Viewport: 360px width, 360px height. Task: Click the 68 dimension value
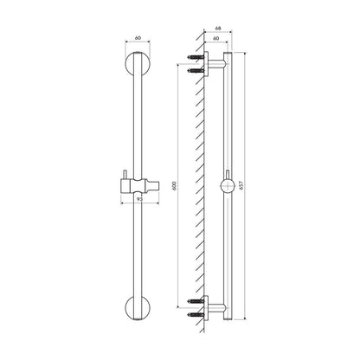[x=218, y=29]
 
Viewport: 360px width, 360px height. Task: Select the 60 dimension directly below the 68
[x=215, y=38]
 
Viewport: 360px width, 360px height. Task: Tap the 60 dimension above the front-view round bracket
[x=138, y=38]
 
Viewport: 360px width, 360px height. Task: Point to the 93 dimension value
[x=139, y=199]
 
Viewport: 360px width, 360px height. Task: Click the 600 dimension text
[x=174, y=185]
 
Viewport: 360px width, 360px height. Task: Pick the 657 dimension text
[x=241, y=185]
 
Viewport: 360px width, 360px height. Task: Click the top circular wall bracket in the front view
[x=138, y=64]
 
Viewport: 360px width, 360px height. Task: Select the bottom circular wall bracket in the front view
[x=138, y=307]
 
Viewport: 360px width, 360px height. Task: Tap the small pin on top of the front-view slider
[x=125, y=175]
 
